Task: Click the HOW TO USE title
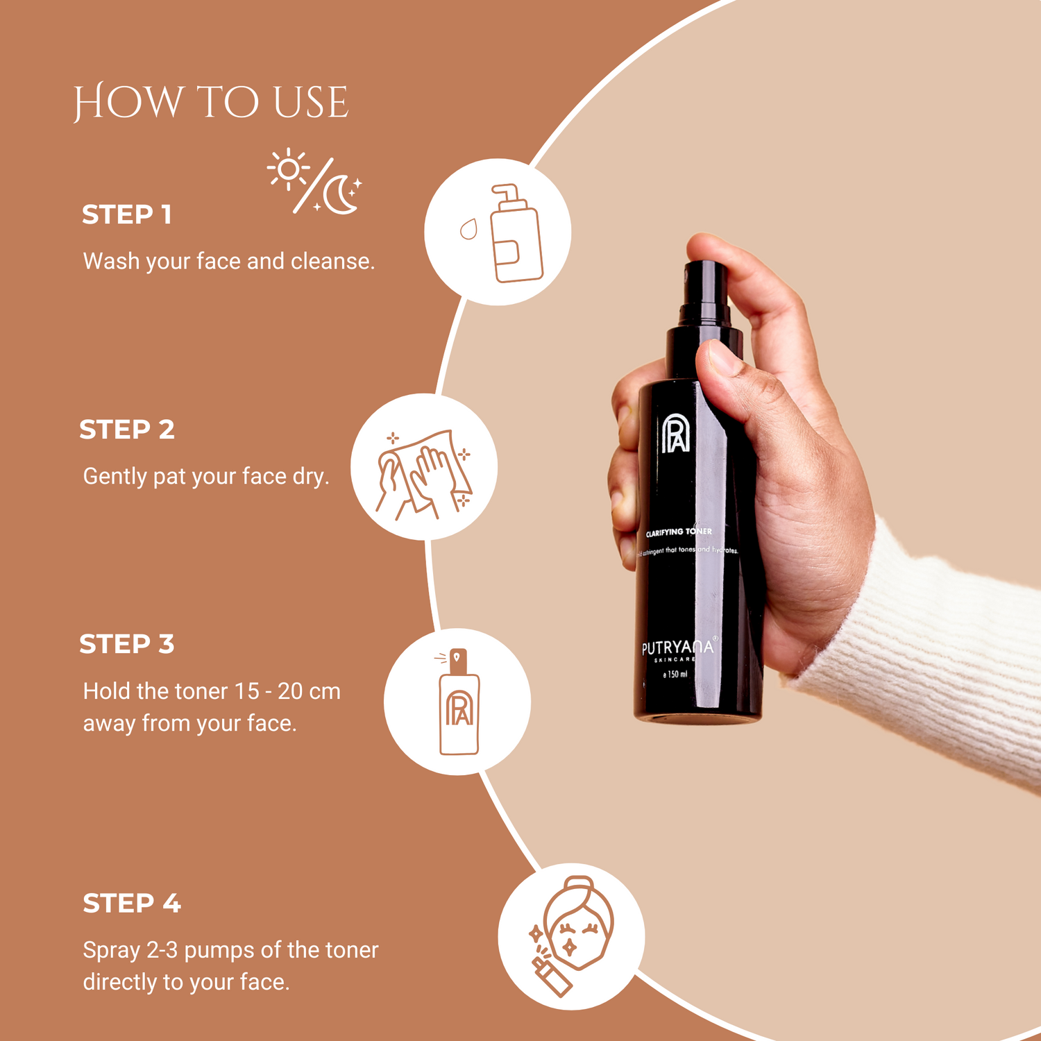pyautogui.click(x=210, y=103)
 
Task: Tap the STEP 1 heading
pyautogui.click(x=126, y=215)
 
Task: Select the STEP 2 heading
pyautogui.click(x=126, y=430)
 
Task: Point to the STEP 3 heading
pyautogui.click(x=126, y=645)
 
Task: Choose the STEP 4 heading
pyautogui.click(x=131, y=904)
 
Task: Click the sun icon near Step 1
pyautogui.click(x=288, y=169)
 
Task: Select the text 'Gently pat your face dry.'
pyautogui.click(x=205, y=477)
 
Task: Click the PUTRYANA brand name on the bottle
pyautogui.click(x=677, y=648)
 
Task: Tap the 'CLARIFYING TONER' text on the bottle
pyautogui.click(x=678, y=532)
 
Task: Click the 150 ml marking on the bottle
pyautogui.click(x=675, y=674)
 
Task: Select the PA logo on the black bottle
pyautogui.click(x=675, y=434)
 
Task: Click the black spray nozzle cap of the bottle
pyautogui.click(x=704, y=291)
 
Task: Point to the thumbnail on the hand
pyautogui.click(x=722, y=356)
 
